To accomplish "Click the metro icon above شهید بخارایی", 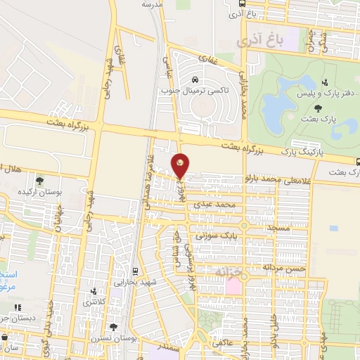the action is pos(135,271).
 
